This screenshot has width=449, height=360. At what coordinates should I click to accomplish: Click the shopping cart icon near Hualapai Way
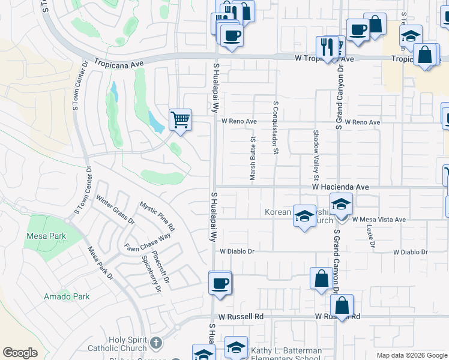click(x=180, y=119)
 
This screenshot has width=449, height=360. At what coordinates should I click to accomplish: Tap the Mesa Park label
click(x=46, y=236)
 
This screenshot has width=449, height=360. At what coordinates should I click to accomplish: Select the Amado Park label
click(x=67, y=296)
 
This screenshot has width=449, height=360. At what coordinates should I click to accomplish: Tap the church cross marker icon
click(x=155, y=343)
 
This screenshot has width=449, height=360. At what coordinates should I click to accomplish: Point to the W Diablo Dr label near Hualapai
click(x=238, y=252)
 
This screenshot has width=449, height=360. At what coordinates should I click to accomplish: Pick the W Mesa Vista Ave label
click(x=379, y=220)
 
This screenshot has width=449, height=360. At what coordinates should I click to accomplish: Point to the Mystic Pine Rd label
click(x=157, y=216)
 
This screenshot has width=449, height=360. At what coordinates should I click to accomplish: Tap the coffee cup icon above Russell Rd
click(x=219, y=283)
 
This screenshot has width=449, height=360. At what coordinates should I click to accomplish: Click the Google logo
click(x=20, y=353)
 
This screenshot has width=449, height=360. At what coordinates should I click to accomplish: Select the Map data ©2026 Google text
click(x=411, y=355)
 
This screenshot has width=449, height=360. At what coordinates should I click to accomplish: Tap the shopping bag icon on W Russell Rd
click(x=341, y=305)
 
